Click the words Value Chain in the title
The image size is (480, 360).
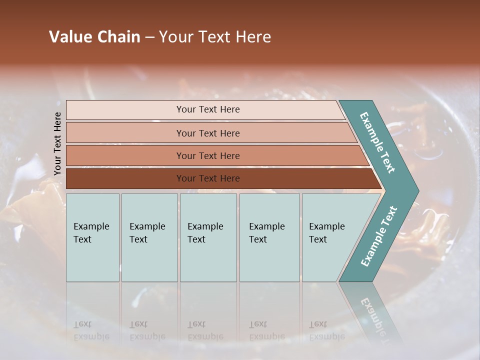(94, 37)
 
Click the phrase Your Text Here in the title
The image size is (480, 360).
(215, 37)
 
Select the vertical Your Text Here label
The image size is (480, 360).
(57, 143)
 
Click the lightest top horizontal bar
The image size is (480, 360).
(207, 109)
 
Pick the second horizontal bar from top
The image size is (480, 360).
(207, 133)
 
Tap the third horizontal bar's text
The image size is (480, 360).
(207, 156)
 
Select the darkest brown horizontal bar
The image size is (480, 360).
(207, 178)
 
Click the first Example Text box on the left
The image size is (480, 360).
(92, 237)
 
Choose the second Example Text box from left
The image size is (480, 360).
(149, 237)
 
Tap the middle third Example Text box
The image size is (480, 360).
(208, 237)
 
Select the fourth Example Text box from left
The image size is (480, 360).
(269, 237)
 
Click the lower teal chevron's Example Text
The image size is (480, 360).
(379, 236)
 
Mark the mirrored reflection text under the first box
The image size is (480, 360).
(91, 330)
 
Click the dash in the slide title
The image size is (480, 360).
(149, 37)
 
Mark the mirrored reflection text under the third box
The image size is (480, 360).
(205, 330)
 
